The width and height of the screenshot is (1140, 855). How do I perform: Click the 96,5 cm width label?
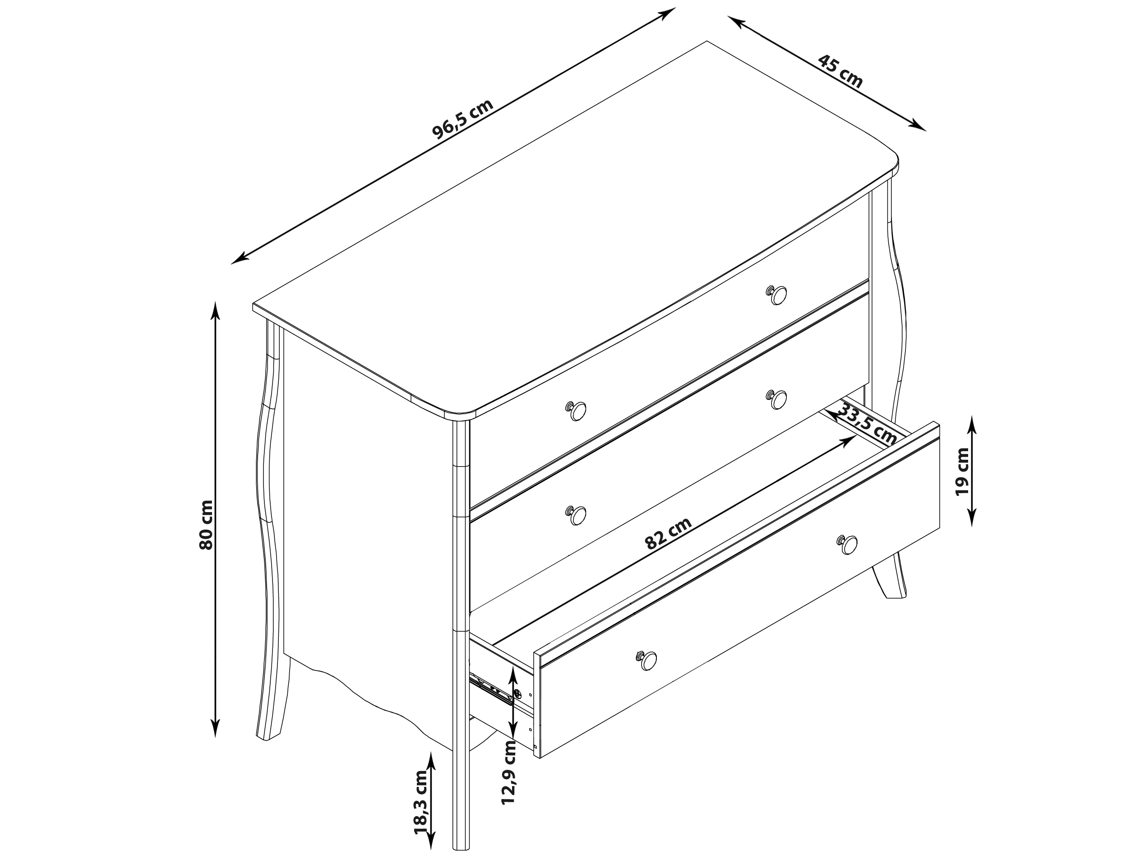[x=462, y=119]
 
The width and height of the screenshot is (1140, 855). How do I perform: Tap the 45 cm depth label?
[x=840, y=72]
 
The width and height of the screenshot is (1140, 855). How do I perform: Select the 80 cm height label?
[x=206, y=525]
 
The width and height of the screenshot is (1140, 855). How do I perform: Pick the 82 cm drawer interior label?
[x=668, y=533]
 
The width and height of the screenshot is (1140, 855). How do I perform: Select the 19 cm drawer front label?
[x=962, y=471]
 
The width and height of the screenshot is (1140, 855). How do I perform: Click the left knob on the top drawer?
[x=576, y=410]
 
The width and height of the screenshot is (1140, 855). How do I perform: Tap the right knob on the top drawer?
[x=776, y=296]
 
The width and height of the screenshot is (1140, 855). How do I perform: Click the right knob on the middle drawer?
[x=776, y=399]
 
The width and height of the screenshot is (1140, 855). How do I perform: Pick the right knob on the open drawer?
[x=847, y=544]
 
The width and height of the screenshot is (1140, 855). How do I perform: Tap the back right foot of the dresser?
[x=890, y=576]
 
